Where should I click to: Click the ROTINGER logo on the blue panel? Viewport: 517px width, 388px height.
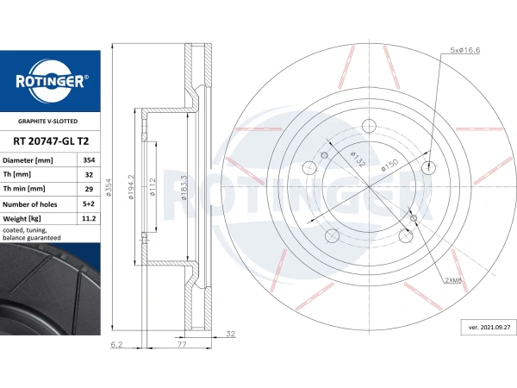(x=52, y=82)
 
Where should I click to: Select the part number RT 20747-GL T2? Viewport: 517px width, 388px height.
(x=51, y=141)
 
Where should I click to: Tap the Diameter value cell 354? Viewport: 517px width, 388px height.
(x=89, y=160)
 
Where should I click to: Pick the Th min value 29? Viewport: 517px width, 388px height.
(x=89, y=189)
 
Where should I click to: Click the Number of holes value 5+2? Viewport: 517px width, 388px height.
(x=89, y=203)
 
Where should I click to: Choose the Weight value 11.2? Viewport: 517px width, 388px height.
(x=89, y=218)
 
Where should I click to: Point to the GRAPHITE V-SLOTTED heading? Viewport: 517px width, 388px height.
(x=47, y=121)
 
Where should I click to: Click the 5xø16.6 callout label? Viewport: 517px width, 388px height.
(x=465, y=50)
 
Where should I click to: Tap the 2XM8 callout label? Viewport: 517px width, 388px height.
(x=453, y=280)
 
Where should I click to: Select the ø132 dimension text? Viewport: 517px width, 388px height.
(x=358, y=159)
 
